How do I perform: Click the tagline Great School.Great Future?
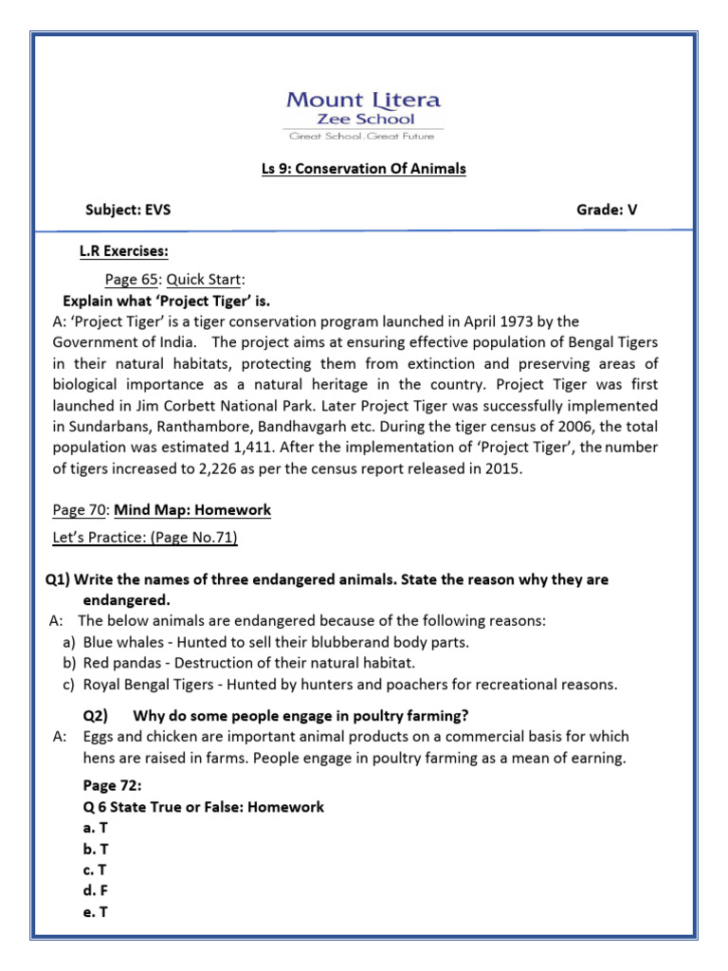pos(363,136)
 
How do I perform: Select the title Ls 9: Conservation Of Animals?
pos(364,169)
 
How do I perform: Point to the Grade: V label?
pos(607,211)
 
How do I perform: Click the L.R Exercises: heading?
pos(123,251)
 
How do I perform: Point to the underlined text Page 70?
pos(79,510)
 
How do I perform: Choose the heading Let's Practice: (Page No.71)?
pos(145,538)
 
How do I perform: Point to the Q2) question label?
pos(96,715)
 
